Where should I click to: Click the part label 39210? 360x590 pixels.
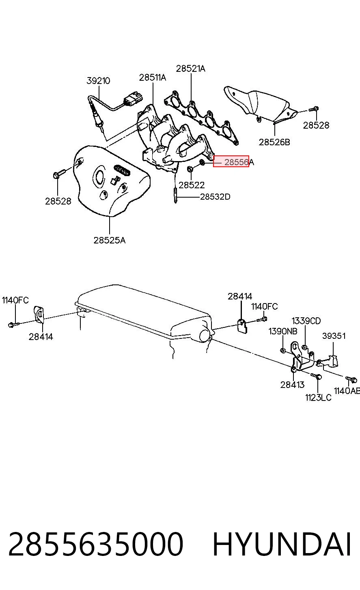[x=98, y=80]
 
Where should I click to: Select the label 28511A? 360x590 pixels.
[x=153, y=78]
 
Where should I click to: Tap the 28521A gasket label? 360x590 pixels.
[x=190, y=69]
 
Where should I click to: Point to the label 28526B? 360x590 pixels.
[x=274, y=142]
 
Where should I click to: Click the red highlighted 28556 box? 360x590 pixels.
[x=231, y=161]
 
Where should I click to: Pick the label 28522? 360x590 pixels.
[x=192, y=185]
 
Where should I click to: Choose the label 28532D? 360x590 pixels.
[x=215, y=197]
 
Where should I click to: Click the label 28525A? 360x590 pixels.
[x=109, y=240]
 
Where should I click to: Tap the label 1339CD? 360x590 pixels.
[x=306, y=321]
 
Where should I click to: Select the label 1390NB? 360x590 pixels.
[x=283, y=331]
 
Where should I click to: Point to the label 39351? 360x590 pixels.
[x=334, y=336]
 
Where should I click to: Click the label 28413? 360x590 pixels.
[x=292, y=385]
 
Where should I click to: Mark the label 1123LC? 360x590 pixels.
[x=318, y=398]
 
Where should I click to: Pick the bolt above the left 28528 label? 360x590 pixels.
[x=59, y=173]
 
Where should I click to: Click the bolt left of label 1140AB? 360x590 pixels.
[x=351, y=379]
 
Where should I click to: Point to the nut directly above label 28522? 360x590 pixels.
[x=190, y=168]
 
